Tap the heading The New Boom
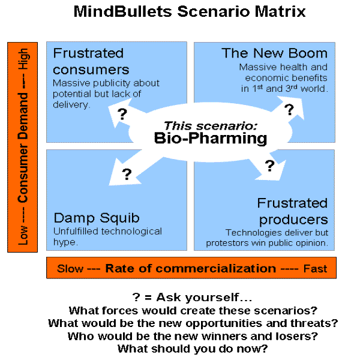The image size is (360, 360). click(274, 53)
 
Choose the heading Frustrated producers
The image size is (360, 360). click(292, 211)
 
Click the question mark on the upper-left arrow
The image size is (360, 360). click(122, 114)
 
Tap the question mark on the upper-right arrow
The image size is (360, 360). click(289, 110)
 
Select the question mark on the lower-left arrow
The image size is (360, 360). click(127, 174)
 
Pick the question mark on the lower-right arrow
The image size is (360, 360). click(269, 164)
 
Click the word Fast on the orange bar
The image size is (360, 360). click(315, 268)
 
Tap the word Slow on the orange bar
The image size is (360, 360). click(70, 268)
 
